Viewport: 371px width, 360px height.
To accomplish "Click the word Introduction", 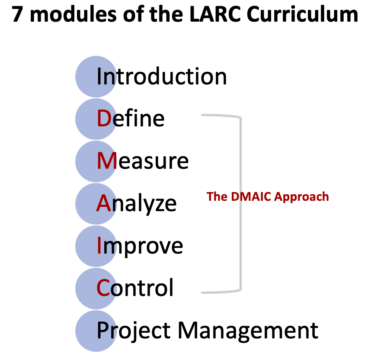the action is click(162, 76).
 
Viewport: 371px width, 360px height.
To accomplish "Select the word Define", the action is click(131, 118).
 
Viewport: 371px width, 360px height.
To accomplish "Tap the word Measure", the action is click(143, 161).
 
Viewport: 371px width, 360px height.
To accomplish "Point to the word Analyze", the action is click(137, 204).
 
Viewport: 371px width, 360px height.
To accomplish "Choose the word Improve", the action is click(140, 247).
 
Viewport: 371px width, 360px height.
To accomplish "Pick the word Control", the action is click(135, 288).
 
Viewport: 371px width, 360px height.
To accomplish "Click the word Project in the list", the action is click(134, 331).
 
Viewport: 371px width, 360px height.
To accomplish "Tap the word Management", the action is click(248, 331).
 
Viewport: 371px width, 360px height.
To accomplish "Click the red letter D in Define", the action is click(104, 118).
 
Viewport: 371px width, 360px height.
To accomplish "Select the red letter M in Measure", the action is click(107, 161).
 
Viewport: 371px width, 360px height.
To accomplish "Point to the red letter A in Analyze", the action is click(104, 203).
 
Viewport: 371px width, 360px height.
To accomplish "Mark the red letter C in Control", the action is click(103, 288).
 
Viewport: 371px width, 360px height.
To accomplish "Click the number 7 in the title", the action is click(17, 15).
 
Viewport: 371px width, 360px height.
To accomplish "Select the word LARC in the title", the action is click(215, 14).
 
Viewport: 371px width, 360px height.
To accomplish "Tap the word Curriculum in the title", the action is click(302, 14).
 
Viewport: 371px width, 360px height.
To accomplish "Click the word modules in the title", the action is click(74, 14).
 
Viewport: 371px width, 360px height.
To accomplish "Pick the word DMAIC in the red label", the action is click(251, 196).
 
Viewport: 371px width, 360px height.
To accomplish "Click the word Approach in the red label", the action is click(301, 197).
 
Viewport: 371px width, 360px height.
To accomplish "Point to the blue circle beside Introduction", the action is click(96, 77).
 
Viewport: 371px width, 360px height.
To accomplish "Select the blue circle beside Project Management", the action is click(96, 331).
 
